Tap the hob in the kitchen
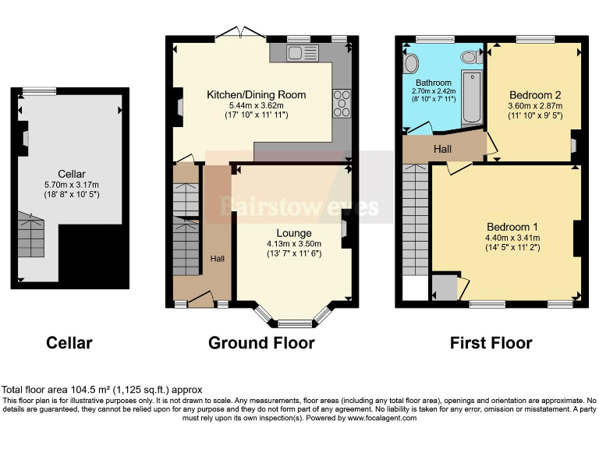(x=342, y=102)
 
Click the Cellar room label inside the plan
(x=71, y=174)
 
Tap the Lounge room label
(x=293, y=232)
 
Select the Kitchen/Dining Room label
(x=256, y=94)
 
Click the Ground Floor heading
(x=261, y=343)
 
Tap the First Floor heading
(x=491, y=343)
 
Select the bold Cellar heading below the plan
(x=69, y=343)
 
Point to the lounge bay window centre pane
(x=293, y=323)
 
